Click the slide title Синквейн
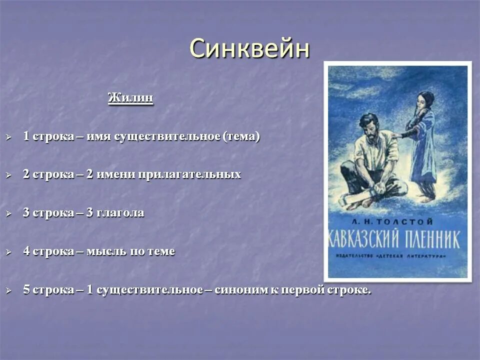click(x=249, y=49)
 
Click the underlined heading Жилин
click(x=130, y=97)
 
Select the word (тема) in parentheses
click(x=241, y=136)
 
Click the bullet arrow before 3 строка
click(x=8, y=214)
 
